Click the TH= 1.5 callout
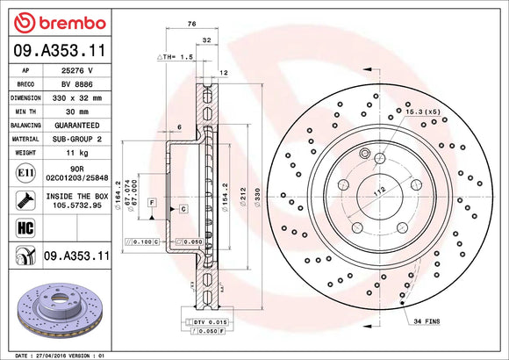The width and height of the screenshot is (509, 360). coord(176,56)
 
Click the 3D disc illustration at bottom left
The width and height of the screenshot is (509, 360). coord(54,309)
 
